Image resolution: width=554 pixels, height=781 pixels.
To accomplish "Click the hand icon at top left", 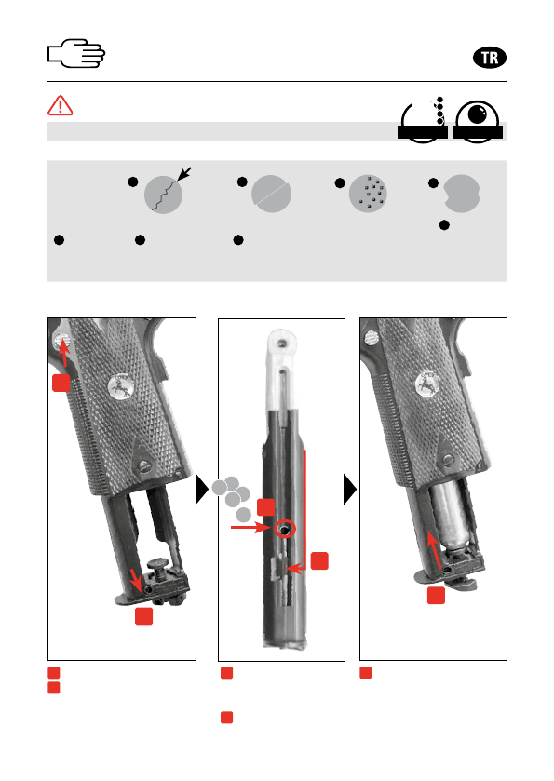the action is pyautogui.click(x=76, y=53).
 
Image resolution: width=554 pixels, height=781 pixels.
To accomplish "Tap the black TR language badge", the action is pyautogui.click(x=489, y=58).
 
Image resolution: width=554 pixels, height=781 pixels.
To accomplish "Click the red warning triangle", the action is pyautogui.click(x=61, y=105).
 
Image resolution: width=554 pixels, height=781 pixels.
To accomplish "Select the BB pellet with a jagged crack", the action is pyautogui.click(x=164, y=195).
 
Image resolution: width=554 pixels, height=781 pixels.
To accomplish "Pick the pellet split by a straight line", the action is pyautogui.click(x=271, y=194).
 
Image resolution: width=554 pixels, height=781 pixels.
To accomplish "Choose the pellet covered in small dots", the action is pyautogui.click(x=368, y=194).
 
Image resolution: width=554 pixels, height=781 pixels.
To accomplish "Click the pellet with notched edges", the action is pyautogui.click(x=462, y=194).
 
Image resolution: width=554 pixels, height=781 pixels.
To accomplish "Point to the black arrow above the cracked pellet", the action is pyautogui.click(x=184, y=174).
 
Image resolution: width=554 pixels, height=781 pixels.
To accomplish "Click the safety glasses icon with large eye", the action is pyautogui.click(x=478, y=122).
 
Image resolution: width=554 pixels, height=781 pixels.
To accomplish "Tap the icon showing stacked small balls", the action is pyautogui.click(x=423, y=120).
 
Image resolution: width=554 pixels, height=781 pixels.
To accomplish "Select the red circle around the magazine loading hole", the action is pyautogui.click(x=285, y=529).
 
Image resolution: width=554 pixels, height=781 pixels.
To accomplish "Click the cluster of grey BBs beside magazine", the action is pyautogui.click(x=232, y=498).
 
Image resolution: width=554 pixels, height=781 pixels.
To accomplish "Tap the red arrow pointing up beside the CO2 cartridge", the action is pyautogui.click(x=434, y=549).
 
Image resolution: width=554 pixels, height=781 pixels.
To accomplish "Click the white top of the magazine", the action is pyautogui.click(x=282, y=370).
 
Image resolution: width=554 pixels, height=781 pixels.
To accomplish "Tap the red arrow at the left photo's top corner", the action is pyautogui.click(x=63, y=354).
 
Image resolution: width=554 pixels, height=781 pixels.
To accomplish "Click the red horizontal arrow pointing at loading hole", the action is pyautogui.click(x=250, y=527).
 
